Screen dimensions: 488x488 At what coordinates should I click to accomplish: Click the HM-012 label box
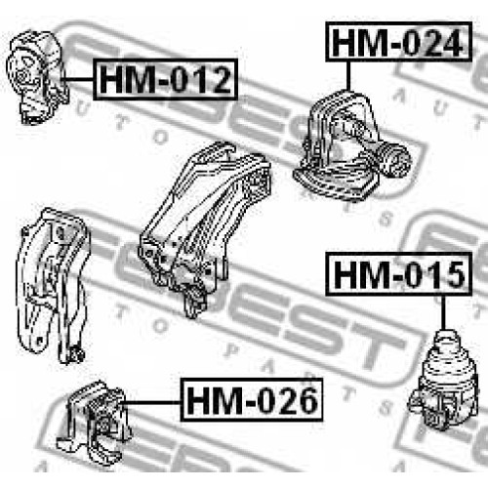(166, 79)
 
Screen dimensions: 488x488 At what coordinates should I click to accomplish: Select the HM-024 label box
(398, 42)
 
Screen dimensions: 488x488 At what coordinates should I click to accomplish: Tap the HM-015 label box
(398, 274)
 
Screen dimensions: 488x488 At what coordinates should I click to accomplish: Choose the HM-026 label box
(252, 400)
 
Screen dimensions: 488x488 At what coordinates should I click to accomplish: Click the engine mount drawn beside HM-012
(36, 77)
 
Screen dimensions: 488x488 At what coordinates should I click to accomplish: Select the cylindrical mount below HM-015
(443, 380)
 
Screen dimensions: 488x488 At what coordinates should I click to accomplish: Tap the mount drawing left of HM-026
(95, 423)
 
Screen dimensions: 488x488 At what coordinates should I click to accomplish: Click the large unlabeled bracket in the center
(205, 227)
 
